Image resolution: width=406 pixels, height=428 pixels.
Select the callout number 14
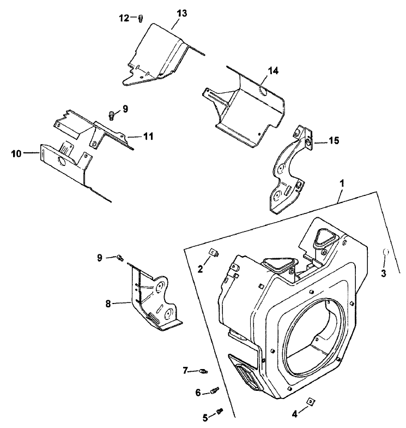(272, 71)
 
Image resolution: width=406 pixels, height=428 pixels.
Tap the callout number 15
(333, 141)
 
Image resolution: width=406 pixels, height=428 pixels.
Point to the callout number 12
(124, 17)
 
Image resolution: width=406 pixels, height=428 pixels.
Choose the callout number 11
(148, 136)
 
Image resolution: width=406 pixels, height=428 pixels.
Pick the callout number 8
(108, 304)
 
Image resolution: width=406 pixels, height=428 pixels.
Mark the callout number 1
(342, 185)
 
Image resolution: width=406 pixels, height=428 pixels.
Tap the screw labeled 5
(221, 409)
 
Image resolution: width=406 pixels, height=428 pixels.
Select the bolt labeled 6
(214, 391)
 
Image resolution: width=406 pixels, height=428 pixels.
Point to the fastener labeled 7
(203, 371)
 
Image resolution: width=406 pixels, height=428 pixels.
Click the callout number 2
(200, 269)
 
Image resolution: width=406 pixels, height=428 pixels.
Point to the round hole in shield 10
(61, 163)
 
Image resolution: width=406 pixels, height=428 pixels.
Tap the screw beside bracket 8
(121, 258)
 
